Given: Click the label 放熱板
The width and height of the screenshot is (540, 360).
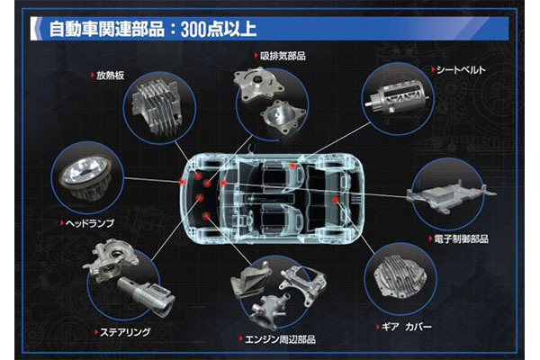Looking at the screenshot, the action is click(x=110, y=76).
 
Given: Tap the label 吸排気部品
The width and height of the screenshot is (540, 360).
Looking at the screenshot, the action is click(x=283, y=56).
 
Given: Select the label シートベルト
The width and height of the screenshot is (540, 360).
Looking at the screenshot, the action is click(x=461, y=70).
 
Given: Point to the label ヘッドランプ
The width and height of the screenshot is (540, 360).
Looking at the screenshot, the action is click(x=89, y=223).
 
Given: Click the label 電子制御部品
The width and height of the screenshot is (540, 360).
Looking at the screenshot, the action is click(x=461, y=238).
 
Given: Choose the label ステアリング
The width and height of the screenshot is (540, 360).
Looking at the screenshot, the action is click(x=125, y=332).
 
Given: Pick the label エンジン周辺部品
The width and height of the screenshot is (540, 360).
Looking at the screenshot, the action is click(x=280, y=339).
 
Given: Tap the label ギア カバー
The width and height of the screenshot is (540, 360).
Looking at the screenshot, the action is click(x=407, y=326).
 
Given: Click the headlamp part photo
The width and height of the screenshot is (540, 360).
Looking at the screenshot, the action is click(x=85, y=178).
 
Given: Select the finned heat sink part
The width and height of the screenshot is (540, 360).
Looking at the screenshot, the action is click(x=157, y=107).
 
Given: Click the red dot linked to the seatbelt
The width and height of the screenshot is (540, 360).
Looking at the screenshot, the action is click(x=292, y=166).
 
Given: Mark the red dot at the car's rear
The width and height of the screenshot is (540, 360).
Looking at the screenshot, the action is click(x=335, y=199).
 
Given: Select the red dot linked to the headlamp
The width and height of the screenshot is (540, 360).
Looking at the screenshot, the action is click(x=182, y=182).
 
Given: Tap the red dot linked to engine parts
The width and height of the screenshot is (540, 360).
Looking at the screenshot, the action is click(x=206, y=216).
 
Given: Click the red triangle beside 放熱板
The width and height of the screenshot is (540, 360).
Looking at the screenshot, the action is click(x=93, y=75).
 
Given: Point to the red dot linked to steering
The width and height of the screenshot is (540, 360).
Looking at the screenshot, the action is click(x=200, y=197).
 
